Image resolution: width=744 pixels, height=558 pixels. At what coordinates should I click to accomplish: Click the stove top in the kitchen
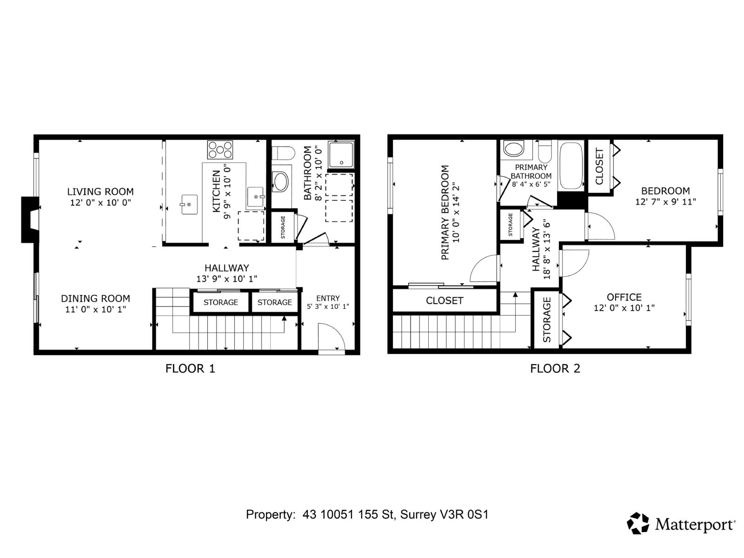click(x=220, y=150)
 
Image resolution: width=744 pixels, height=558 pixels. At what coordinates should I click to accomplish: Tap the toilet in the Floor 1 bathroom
click(x=284, y=153)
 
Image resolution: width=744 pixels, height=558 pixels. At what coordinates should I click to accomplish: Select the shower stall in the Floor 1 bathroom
click(x=341, y=155)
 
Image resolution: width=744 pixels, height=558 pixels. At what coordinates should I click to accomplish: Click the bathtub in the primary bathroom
click(x=571, y=166)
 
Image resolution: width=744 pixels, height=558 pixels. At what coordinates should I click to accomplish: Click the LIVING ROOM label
click(x=100, y=192)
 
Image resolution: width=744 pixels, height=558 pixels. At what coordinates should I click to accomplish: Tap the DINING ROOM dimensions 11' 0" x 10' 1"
click(x=95, y=309)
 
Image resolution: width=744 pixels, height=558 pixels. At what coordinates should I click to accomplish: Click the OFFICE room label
click(x=624, y=297)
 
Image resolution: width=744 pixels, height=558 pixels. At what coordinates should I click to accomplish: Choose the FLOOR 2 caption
click(x=555, y=369)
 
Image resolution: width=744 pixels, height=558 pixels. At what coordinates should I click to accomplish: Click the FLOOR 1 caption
click(x=190, y=369)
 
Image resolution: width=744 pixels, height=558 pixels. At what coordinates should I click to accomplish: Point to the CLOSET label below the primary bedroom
click(x=445, y=301)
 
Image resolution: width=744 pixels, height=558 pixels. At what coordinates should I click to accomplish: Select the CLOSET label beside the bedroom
click(x=599, y=166)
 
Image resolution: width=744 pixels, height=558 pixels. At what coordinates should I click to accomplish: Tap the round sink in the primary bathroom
click(x=513, y=149)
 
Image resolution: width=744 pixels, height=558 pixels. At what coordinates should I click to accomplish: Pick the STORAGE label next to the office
click(x=546, y=319)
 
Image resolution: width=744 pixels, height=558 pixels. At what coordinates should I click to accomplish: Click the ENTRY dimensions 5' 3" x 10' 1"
click(x=328, y=307)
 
